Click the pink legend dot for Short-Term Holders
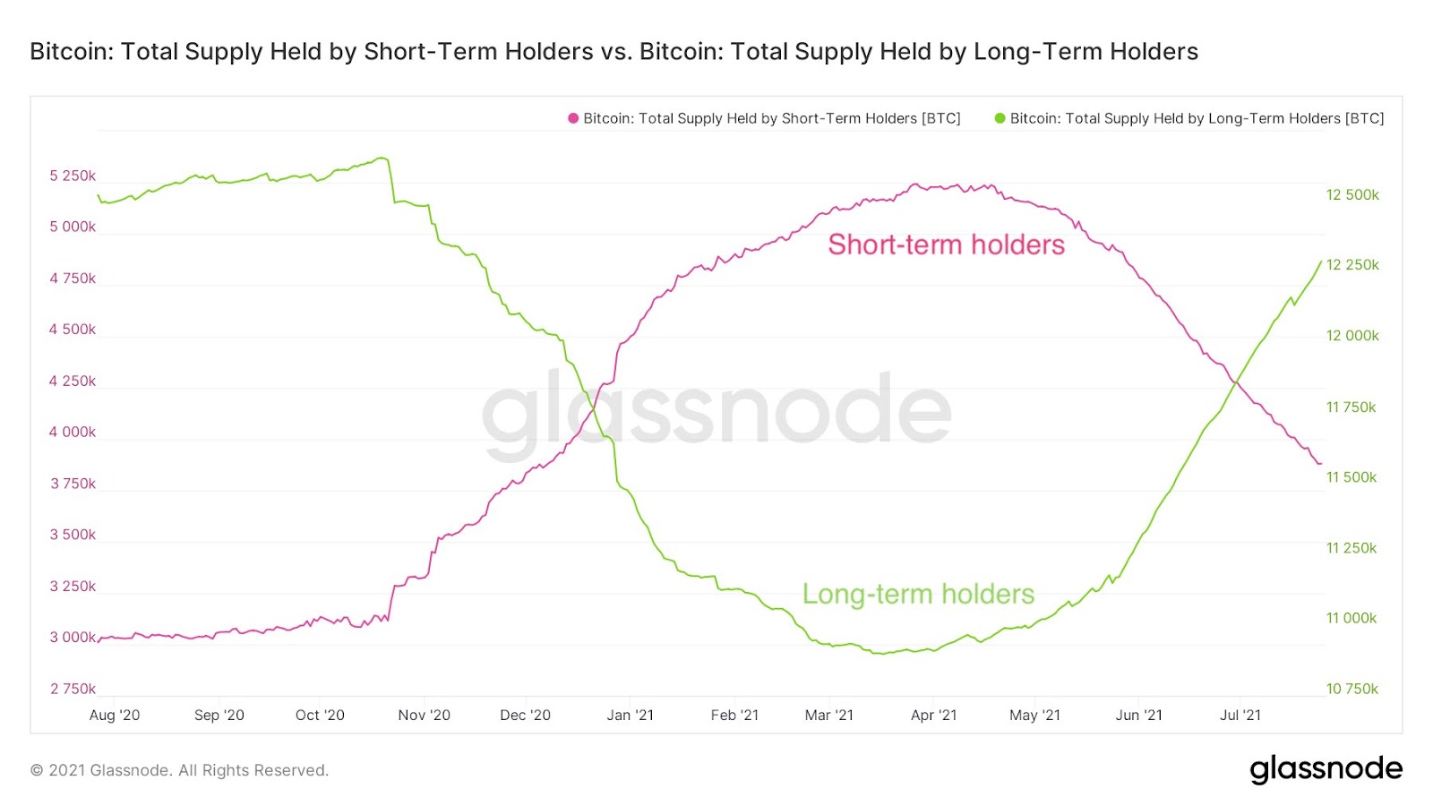click(x=573, y=118)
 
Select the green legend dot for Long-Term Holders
click(x=1000, y=118)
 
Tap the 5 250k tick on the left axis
click(x=73, y=176)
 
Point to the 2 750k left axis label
click(x=73, y=689)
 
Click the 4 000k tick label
click(x=73, y=432)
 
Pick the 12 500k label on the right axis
click(x=1352, y=195)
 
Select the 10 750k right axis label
click(x=1352, y=689)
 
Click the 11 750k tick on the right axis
click(x=1351, y=407)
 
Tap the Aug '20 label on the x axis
click(x=115, y=715)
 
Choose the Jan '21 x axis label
click(x=630, y=715)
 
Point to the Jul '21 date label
click(x=1240, y=715)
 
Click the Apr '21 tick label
click(x=933, y=715)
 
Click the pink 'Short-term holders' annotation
click(x=946, y=244)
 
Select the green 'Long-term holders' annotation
click(x=918, y=594)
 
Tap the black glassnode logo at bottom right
click(x=1326, y=768)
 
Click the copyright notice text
click(x=179, y=770)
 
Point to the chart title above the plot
click(x=614, y=51)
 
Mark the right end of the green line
click(x=1321, y=262)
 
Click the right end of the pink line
click(x=1321, y=464)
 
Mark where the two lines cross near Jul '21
click(x=1236, y=382)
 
